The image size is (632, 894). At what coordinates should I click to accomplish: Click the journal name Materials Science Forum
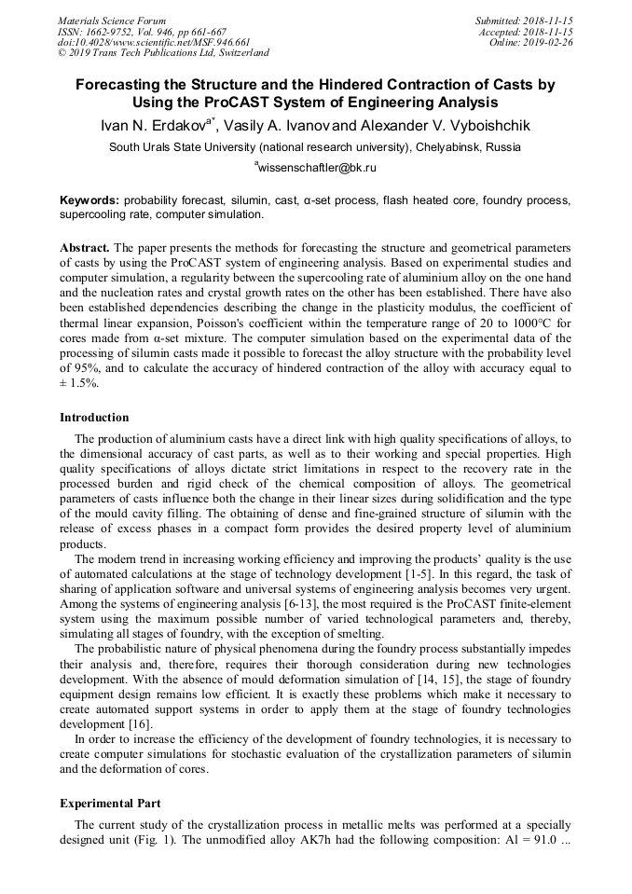click(x=112, y=21)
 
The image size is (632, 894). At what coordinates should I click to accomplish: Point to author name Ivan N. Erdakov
click(x=153, y=126)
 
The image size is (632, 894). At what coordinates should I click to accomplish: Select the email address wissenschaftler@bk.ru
click(x=317, y=168)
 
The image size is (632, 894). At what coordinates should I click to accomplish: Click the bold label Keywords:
click(x=89, y=200)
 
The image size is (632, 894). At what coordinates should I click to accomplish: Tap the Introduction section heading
click(x=94, y=417)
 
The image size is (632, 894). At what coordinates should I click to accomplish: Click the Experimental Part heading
click(x=110, y=803)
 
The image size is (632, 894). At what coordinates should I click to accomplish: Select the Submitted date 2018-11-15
click(x=545, y=21)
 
